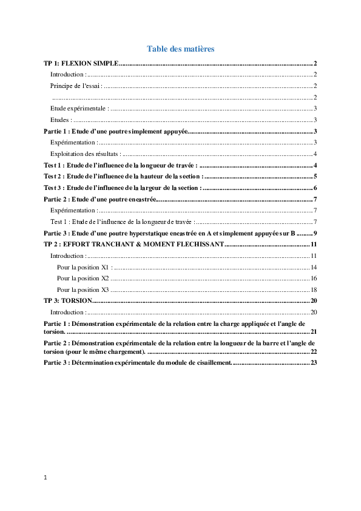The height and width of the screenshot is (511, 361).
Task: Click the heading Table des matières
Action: [x=181, y=49]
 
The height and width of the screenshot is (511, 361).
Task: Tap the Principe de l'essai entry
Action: [x=76, y=86]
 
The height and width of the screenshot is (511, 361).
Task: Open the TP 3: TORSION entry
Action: [x=68, y=300]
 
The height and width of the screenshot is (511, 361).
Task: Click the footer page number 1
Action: [x=46, y=478]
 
